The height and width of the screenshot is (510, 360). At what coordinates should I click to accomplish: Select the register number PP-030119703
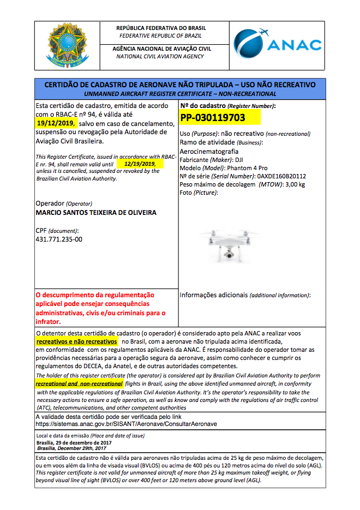213,117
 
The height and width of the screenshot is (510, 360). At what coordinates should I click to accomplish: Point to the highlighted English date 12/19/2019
140,164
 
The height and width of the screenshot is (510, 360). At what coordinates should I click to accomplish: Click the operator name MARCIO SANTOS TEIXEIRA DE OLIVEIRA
95,212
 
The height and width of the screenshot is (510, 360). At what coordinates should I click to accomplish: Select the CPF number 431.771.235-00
59,239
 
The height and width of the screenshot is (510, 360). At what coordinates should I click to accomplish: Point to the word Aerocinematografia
209,151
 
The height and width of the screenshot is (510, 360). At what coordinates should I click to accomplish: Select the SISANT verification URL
126,424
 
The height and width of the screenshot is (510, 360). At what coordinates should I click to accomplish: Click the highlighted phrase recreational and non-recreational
79,384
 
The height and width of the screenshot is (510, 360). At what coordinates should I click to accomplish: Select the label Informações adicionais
213,295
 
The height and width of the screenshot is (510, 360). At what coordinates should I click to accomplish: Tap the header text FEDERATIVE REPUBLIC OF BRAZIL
160,35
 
